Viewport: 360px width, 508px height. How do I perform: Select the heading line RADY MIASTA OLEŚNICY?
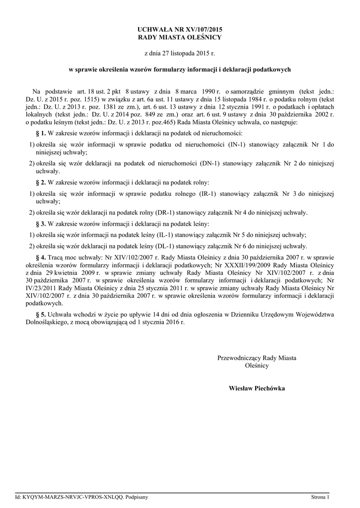(x=180, y=37)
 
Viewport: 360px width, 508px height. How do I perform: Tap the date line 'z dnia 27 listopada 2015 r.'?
(x=180, y=53)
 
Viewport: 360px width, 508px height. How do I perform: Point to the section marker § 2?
(x=41, y=183)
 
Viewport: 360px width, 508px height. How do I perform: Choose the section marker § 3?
(x=41, y=224)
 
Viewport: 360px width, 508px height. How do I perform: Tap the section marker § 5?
(x=41, y=314)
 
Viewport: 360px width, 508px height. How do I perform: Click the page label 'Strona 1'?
(x=320, y=497)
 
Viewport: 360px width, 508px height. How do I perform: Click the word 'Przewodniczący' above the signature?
(x=237, y=358)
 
